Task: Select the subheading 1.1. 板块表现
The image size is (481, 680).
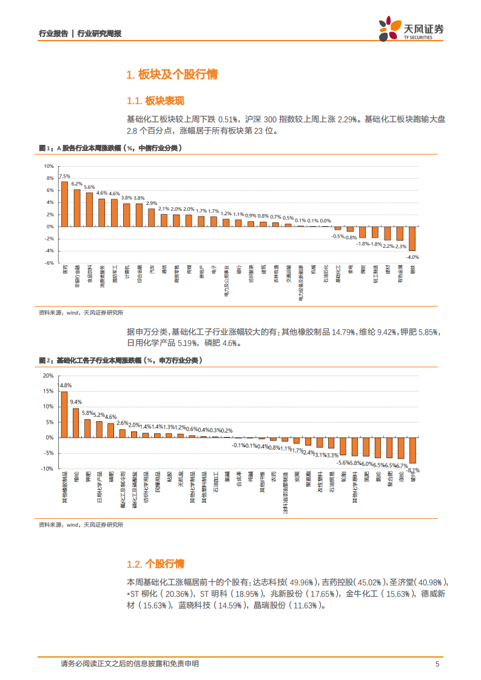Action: (155, 101)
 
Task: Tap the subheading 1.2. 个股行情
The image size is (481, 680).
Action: (155, 564)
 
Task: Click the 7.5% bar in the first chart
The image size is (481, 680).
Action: (64, 204)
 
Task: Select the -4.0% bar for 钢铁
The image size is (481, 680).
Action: (412, 238)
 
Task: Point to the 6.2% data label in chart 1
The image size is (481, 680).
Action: (76, 183)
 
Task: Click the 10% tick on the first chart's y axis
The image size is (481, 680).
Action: (49, 166)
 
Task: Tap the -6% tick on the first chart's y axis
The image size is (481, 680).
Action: (49, 263)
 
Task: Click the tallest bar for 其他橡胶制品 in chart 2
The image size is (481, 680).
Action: (64, 414)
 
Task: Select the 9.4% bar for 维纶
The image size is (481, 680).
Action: (76, 422)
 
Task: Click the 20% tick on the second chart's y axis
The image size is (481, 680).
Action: (49, 376)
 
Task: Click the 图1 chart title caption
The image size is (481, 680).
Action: (109, 148)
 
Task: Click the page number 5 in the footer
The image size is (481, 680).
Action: (437, 664)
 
